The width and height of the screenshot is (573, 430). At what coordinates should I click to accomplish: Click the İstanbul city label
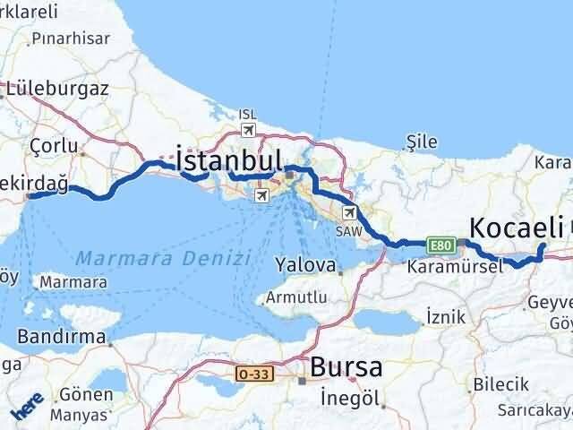tap(230, 160)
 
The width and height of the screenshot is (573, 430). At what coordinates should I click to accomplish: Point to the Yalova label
tap(305, 265)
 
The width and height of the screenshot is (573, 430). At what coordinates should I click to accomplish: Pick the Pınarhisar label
tap(70, 39)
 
